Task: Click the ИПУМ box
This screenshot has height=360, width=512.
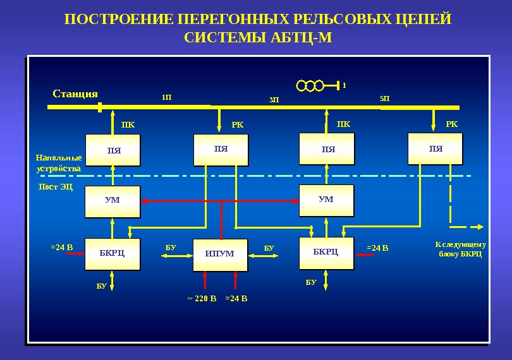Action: pos(219,254)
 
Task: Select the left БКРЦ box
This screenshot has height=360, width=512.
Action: pos(112,253)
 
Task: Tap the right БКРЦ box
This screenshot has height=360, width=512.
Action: pos(326,252)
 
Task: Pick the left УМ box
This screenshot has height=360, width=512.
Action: pos(112,201)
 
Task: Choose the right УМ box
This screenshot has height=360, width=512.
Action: pos(326,200)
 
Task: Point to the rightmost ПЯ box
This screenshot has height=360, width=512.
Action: pos(435,149)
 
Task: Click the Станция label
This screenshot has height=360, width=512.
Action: pos(75,94)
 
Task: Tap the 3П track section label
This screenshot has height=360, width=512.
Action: pos(274,100)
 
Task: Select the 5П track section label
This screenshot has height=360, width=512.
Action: pos(384,99)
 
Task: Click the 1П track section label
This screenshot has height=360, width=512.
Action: pos(166,98)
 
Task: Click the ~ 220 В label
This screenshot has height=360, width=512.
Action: pos(202,298)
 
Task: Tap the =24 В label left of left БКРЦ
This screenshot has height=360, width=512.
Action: pos(62,247)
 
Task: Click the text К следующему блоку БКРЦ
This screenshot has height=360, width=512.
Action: pos(460,249)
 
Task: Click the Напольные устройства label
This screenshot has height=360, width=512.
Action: pos(59,163)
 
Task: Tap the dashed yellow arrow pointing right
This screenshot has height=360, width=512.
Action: pos(466,225)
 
